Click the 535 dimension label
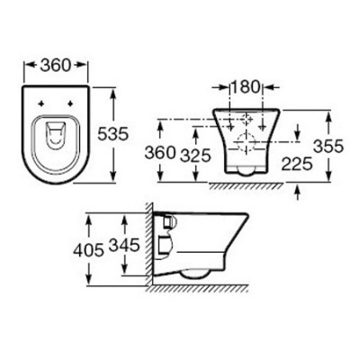click(113, 134)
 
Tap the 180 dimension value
click(246, 87)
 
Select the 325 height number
click(196, 156)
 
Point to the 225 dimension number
click(297, 164)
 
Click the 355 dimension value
click(328, 147)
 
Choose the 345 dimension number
click(124, 245)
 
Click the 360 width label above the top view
click(56, 65)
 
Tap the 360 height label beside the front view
click(160, 153)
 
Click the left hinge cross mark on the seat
click(41, 103)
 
